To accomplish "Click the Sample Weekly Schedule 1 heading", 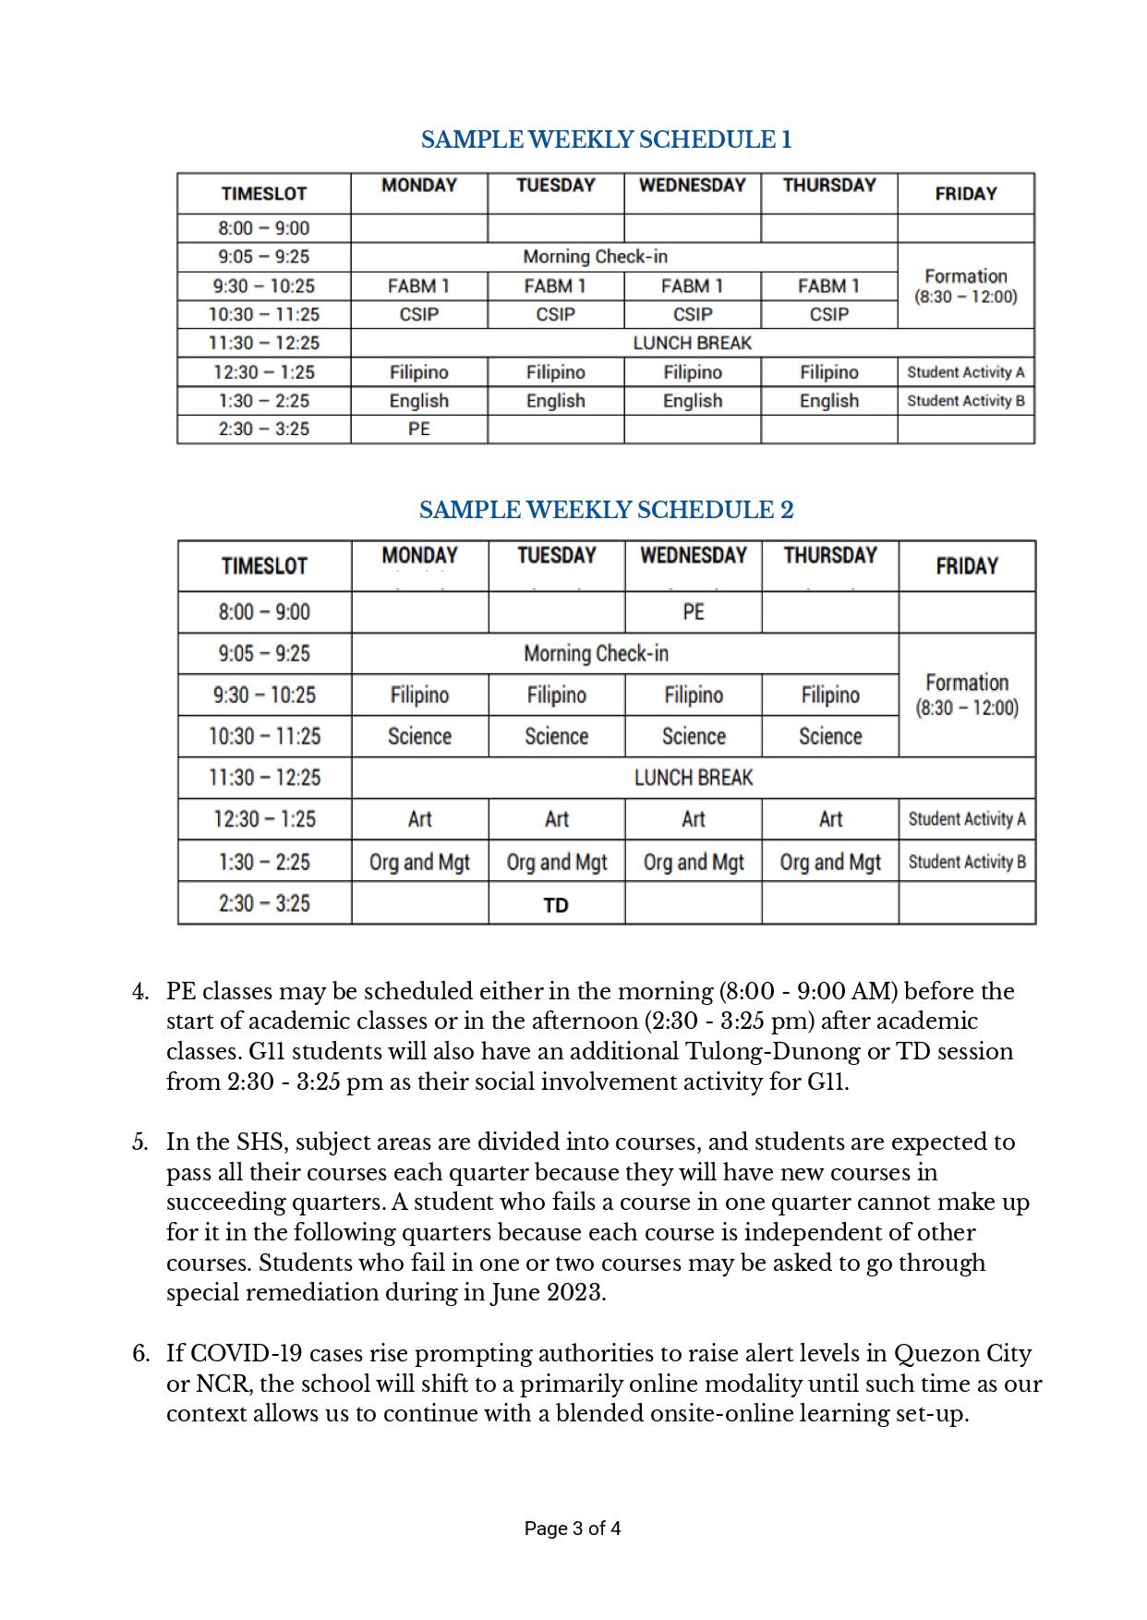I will [606, 139].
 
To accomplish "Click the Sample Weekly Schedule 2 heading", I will [606, 510].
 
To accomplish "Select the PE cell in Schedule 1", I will [419, 429].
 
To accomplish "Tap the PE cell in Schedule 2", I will [694, 611].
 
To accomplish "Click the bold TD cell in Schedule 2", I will [556, 905].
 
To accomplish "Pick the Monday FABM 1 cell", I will [419, 285].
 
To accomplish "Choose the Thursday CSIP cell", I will [829, 314].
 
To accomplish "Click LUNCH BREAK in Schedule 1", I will [693, 343].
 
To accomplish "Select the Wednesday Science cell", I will [694, 736].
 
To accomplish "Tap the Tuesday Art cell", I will [557, 819].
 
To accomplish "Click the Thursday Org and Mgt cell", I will [830, 862].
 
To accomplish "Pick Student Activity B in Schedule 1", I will [966, 401].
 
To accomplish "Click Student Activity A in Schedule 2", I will [967, 819].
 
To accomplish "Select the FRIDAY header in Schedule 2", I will [967, 566].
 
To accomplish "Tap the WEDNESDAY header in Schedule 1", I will [693, 185].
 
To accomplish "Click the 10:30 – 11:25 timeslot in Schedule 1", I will [264, 314].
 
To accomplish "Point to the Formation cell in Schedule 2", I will [967, 695].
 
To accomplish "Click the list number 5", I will [140, 1142].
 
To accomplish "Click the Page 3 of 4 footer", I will [573, 1529].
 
